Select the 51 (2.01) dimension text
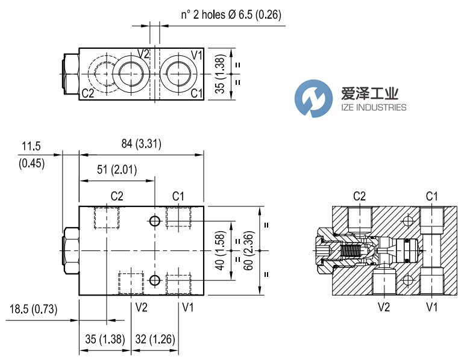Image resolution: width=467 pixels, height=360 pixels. click(117, 170)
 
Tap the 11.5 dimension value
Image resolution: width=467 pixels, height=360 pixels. click(31, 146)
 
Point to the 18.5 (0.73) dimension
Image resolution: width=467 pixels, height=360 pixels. click(34, 310)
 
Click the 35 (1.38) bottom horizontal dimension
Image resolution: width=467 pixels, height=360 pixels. click(102, 340)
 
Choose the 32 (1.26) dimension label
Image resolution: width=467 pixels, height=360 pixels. click(154, 340)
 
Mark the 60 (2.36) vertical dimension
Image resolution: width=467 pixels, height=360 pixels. click(248, 251)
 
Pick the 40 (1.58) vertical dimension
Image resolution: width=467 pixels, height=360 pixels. click(221, 251)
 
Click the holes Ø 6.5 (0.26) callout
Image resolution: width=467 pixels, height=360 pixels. click(223, 14)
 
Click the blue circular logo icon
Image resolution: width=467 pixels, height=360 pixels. click(313, 98)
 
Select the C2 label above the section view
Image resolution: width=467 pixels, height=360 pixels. click(360, 196)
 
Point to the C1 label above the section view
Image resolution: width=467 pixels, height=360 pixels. click(432, 196)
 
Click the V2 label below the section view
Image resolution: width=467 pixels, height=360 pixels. click(384, 308)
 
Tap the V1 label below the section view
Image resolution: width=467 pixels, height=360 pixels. click(432, 308)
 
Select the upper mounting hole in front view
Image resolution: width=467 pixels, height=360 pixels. click(155, 222)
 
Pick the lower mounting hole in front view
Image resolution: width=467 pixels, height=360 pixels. click(155, 280)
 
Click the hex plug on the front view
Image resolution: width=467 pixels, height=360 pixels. click(71, 251)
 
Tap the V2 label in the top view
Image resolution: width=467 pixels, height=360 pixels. click(143, 54)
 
